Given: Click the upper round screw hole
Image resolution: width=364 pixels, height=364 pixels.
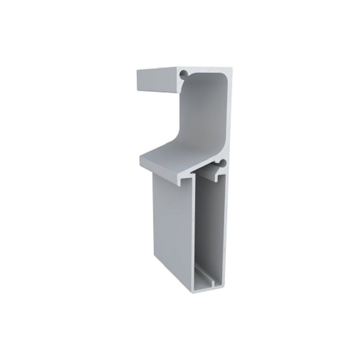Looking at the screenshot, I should point(183,74).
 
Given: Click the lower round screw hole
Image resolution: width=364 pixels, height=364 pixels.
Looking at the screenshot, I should point(223,164).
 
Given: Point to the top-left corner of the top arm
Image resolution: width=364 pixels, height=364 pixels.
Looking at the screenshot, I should point(137,71).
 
